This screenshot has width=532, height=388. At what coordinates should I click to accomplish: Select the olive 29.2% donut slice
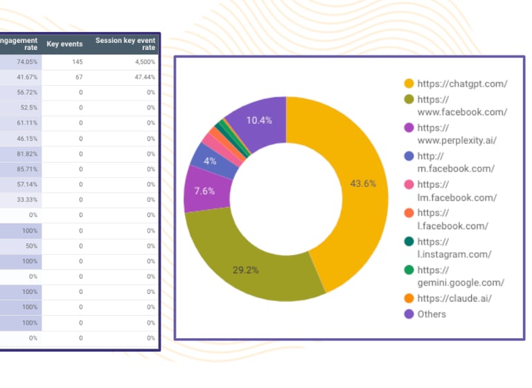tap(246, 267)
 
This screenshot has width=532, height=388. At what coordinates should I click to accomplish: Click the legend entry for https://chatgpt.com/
tap(462, 84)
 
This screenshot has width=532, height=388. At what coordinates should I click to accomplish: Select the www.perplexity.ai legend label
tap(457, 134)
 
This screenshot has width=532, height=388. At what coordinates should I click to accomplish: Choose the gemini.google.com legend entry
tap(461, 276)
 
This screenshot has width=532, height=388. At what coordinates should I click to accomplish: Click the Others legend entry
tap(432, 314)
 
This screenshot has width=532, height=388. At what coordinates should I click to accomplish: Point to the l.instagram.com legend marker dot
tap(409, 242)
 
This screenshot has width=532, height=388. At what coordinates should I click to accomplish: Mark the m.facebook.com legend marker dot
tap(409, 157)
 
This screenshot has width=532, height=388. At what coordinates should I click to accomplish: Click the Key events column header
tap(64, 44)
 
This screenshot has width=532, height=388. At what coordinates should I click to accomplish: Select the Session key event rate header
tap(125, 44)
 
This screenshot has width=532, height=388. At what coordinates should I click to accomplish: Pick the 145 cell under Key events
tap(77, 62)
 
